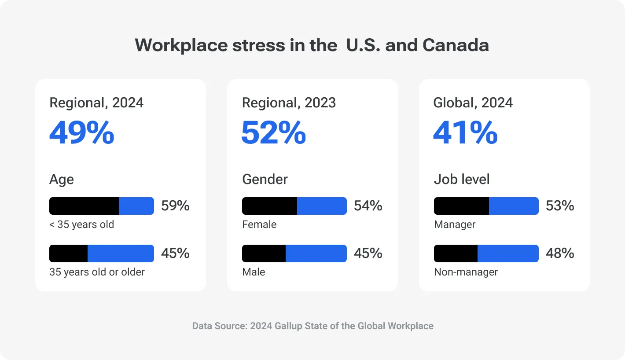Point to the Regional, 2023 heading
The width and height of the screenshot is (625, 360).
click(289, 103)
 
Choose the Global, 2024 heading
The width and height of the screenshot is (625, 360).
click(473, 103)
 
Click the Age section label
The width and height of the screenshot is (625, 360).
click(62, 179)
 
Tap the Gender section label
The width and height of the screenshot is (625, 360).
click(265, 179)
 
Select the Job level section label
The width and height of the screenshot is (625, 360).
click(462, 179)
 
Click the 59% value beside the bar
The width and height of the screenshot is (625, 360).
click(175, 206)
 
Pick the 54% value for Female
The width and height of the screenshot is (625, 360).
click(368, 206)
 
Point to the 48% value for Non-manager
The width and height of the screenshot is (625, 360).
click(560, 253)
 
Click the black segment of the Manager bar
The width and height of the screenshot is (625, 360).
click(461, 206)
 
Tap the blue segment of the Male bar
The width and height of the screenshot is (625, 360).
click(316, 253)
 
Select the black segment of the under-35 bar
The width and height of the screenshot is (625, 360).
click(84, 206)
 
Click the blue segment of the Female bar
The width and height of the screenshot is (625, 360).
click(322, 206)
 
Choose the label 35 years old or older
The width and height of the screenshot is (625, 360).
click(97, 272)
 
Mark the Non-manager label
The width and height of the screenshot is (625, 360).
click(466, 272)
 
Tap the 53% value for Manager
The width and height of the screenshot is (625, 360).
click(560, 206)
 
